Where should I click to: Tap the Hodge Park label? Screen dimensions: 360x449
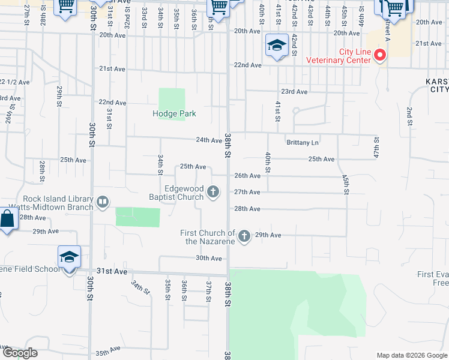[174, 113]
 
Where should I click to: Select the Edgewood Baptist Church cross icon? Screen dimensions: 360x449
[212, 192]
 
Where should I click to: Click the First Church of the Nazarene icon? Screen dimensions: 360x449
[244, 236]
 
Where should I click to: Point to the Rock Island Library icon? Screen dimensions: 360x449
[102, 202]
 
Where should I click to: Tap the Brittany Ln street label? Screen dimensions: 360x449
[303, 143]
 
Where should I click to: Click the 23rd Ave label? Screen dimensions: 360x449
[294, 92]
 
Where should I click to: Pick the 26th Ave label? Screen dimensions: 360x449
[247, 176]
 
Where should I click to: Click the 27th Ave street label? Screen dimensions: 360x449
[247, 192]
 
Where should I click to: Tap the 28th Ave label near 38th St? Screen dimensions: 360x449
[247, 209]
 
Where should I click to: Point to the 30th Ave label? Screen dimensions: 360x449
[208, 258]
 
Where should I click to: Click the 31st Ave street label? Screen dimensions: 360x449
[113, 271]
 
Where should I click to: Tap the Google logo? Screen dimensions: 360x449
[20, 353]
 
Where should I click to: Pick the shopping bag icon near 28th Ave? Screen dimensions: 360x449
[7, 220]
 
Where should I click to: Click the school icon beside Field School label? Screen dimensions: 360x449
[69, 257]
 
